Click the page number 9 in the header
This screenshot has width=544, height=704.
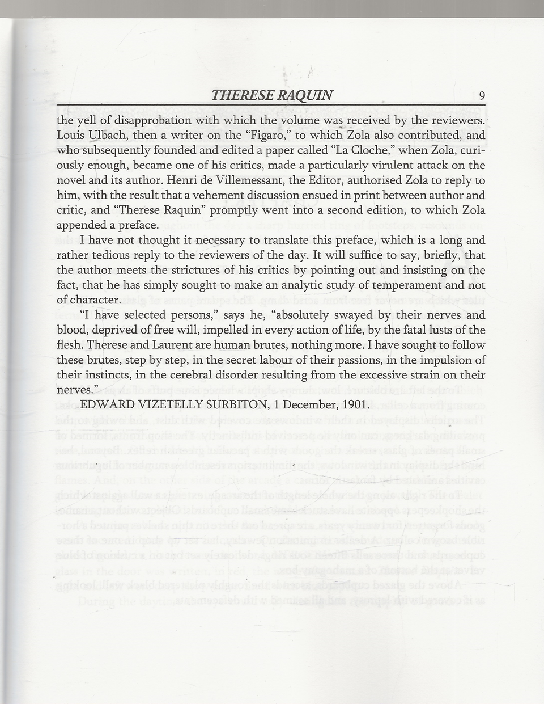(481, 95)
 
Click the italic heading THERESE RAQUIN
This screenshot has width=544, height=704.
(272, 95)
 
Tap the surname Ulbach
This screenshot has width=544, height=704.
(104, 136)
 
